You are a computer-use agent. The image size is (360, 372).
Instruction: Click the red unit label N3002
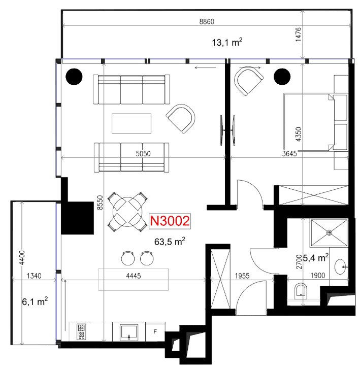[170, 221]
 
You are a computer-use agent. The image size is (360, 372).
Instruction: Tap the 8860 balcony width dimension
[207, 22]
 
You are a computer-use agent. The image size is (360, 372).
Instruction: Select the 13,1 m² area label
[227, 42]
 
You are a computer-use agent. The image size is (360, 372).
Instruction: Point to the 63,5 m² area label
[170, 242]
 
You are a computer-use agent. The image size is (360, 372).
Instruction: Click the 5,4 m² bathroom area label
[316, 257]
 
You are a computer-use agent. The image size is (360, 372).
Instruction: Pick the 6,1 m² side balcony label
[35, 301]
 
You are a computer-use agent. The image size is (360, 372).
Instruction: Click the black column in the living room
[74, 77]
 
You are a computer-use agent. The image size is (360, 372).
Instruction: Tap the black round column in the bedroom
[282, 77]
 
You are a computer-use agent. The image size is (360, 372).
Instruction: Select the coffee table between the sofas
[132, 123]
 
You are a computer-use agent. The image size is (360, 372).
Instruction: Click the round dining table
[127, 212]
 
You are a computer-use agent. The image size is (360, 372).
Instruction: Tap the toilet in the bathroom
[301, 291]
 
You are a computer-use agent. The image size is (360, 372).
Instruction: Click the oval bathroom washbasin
[340, 267]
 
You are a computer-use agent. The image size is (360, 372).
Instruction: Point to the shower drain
[329, 233]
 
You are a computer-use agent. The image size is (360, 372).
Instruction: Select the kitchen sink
[129, 332]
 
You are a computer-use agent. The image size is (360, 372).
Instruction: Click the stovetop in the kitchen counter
[81, 331]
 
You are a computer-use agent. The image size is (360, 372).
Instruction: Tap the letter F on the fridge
[155, 331]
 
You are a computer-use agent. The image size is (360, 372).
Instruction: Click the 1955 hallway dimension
[242, 276]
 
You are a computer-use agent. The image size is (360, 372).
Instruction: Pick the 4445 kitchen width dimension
[134, 276]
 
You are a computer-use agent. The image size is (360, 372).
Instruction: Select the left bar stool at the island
[128, 258]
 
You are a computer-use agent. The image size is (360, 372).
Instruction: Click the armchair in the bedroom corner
[248, 81]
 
